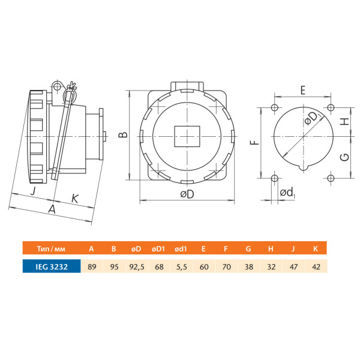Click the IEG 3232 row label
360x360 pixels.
(52, 267)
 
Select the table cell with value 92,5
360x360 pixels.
(137, 267)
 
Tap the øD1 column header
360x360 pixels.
(158, 249)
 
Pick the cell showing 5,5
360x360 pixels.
(182, 267)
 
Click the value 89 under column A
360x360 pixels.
(92, 267)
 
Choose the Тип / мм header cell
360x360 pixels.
(51, 249)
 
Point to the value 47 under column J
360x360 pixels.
(293, 267)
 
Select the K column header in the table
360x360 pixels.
(316, 249)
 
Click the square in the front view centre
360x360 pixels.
(187, 136)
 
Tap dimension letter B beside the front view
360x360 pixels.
(123, 134)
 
